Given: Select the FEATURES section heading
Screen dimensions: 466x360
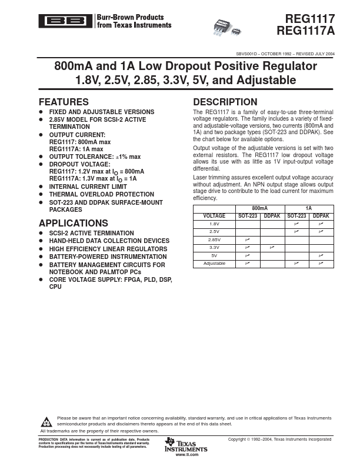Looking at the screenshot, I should (64, 102).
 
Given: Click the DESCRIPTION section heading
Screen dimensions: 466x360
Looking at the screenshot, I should (225, 102).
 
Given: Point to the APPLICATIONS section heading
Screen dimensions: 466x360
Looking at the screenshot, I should (73, 223).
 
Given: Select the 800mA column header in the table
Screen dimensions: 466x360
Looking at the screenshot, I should (260, 208).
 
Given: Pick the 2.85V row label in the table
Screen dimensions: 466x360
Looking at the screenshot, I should (214, 240).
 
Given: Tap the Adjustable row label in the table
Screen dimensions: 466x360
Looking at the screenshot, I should (214, 264).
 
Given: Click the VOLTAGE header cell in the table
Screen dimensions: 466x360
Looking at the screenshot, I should (214, 216).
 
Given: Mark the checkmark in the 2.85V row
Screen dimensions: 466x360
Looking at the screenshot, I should (247, 240).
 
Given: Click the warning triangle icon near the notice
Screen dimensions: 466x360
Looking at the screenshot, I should (46, 421).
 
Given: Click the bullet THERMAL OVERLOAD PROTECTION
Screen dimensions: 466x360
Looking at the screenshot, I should (101, 194).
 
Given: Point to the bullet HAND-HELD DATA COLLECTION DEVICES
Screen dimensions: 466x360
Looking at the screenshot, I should (109, 241).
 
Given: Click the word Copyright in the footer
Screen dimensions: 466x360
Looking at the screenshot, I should (238, 440).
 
